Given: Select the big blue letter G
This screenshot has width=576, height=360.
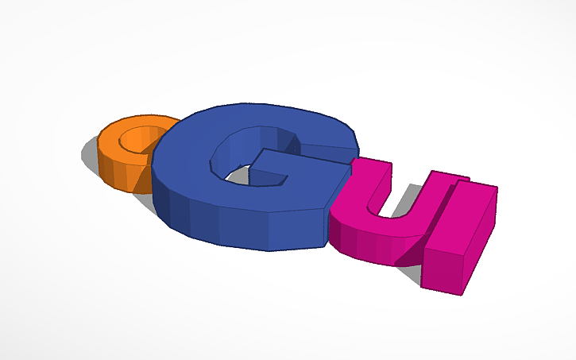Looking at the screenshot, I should [x=238, y=199].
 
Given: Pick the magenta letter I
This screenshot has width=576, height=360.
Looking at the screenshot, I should [x=461, y=238].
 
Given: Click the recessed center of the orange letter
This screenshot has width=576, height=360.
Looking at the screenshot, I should [x=135, y=142].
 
